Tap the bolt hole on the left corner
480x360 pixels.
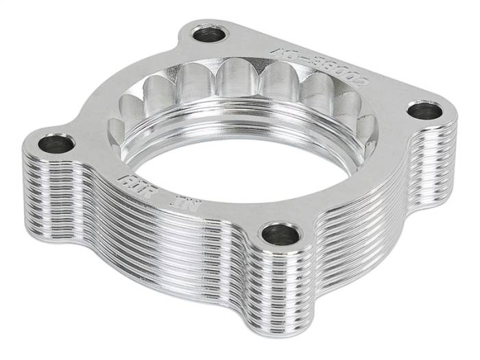[x=56, y=144]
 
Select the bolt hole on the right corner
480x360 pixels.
[x=425, y=110]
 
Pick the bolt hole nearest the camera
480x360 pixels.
[x=282, y=235]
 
